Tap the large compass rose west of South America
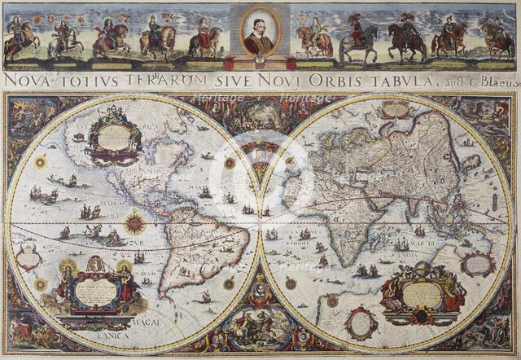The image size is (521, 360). [134, 222]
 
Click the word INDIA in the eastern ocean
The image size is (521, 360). [407, 255]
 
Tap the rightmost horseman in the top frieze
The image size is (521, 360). [497, 37]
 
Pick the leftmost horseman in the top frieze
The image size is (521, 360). [18, 37]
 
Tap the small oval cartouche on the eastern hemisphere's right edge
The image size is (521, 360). [479, 262]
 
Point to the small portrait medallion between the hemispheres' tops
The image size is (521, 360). [260, 155]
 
